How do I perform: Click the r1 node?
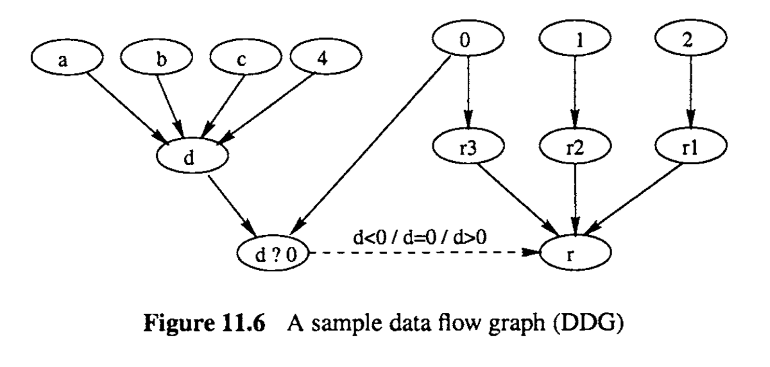tap(689, 146)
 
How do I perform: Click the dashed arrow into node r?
tap(424, 253)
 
